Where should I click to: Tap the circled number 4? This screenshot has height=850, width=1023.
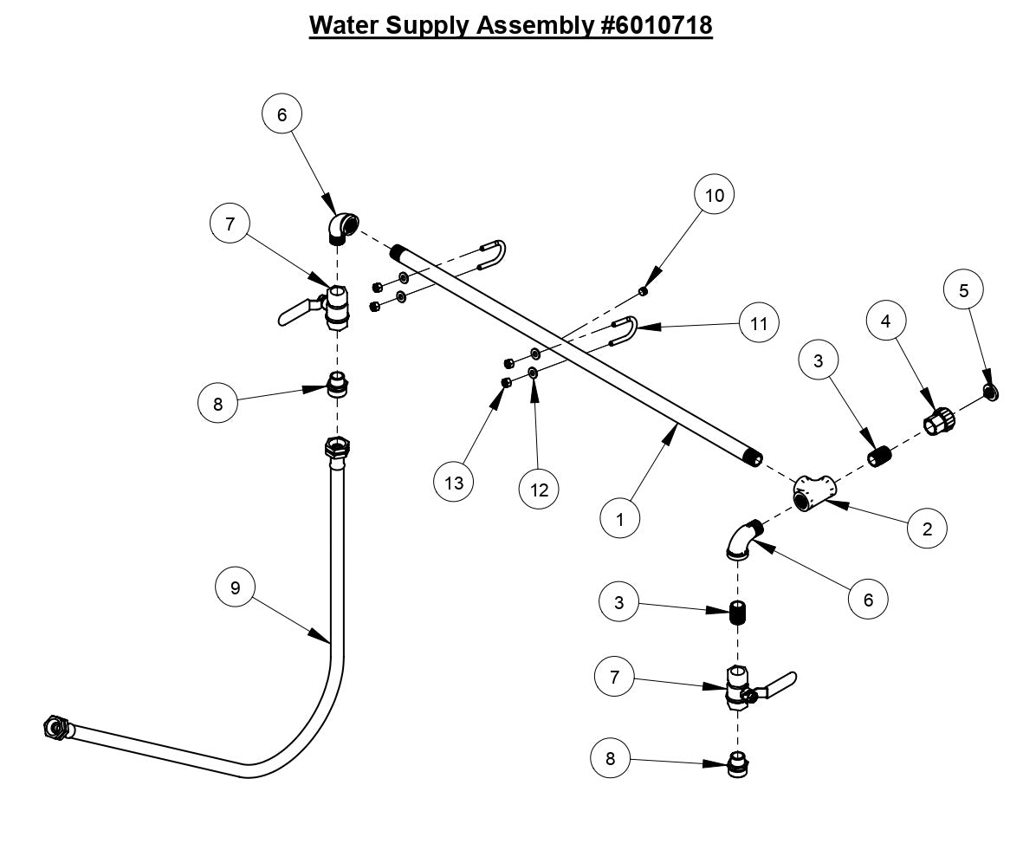885,321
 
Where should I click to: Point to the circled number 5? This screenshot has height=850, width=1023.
963,291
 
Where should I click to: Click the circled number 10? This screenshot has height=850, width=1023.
714,195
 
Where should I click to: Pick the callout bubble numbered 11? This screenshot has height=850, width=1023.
759,323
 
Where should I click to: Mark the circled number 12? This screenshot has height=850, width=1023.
540,489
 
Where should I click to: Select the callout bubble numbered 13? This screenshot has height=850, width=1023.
455,483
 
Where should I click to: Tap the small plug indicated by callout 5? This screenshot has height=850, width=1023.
989,393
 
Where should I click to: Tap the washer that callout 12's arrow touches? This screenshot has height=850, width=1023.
533,373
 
